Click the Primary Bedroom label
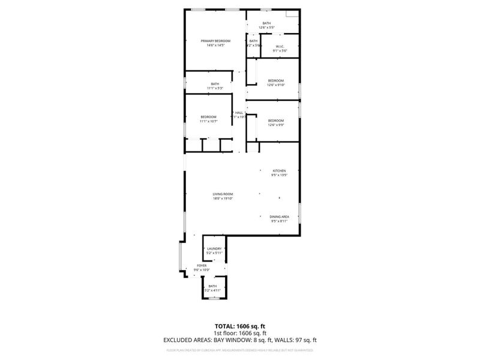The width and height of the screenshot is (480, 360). tap(215, 41)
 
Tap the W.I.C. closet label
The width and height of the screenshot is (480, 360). tap(280, 46)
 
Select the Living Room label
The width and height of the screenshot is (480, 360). tap(223, 194)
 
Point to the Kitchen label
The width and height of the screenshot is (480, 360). tap(280, 171)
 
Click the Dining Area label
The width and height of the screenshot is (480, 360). tap(280, 217)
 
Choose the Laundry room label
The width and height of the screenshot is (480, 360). tap(215, 248)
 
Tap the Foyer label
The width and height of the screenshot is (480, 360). tap(202, 265)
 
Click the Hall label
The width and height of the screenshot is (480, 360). tap(239, 113)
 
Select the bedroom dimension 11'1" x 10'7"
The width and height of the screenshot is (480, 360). tap(208, 121)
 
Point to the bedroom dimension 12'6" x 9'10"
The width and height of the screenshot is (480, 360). tap(276, 85)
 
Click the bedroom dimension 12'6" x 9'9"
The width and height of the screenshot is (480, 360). tap(276, 125)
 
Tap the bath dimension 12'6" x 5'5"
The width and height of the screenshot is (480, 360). tap(266, 28)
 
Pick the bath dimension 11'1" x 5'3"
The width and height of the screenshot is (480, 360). tap(215, 88)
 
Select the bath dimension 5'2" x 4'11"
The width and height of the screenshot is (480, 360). tap(213, 290)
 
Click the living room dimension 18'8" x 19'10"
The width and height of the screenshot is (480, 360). tap(223, 199)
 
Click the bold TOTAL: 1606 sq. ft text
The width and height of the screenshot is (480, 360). tap(240, 326)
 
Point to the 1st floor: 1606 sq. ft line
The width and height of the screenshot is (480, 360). tap(240, 333)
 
